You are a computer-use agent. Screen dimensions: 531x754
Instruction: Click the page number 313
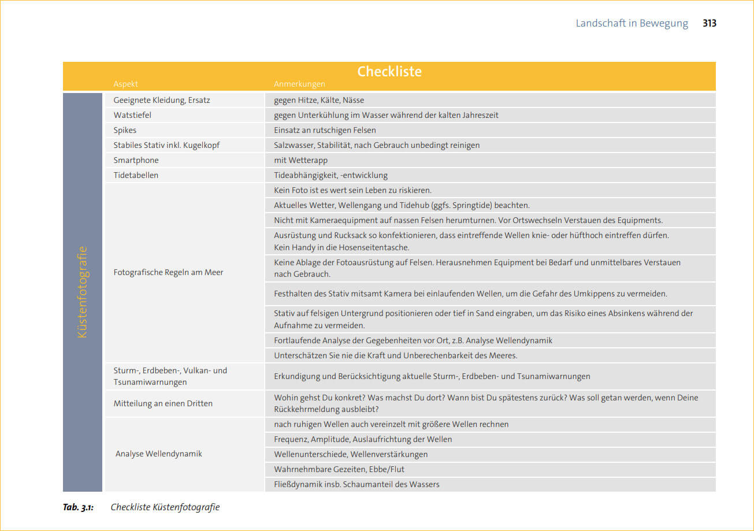click(710, 24)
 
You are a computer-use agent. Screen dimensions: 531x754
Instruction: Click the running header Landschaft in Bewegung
click(632, 24)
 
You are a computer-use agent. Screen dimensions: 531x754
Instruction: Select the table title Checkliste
click(389, 72)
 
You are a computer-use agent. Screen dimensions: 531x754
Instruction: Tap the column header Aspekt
click(125, 84)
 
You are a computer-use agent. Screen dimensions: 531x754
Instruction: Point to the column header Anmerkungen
click(299, 84)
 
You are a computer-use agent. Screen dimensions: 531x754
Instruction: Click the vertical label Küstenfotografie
click(82, 292)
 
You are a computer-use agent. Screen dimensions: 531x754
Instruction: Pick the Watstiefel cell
click(132, 115)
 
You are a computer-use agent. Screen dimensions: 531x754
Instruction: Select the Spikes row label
click(125, 130)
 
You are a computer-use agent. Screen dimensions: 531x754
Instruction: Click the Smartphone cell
click(136, 160)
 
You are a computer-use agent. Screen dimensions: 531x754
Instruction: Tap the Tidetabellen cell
click(136, 175)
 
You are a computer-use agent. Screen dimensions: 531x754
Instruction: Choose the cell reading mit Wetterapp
click(300, 160)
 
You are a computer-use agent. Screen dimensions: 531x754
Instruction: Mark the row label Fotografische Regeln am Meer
click(168, 272)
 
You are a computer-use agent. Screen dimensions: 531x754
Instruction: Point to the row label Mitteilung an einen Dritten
click(163, 403)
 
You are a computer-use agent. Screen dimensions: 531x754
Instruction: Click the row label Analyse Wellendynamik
click(159, 454)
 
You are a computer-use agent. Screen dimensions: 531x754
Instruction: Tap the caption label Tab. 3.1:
click(78, 507)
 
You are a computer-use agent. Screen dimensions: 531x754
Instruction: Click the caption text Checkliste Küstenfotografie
click(165, 507)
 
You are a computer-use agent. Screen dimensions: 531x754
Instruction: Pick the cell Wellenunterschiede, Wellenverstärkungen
click(351, 454)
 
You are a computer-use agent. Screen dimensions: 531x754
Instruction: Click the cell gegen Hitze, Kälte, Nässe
click(319, 100)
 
